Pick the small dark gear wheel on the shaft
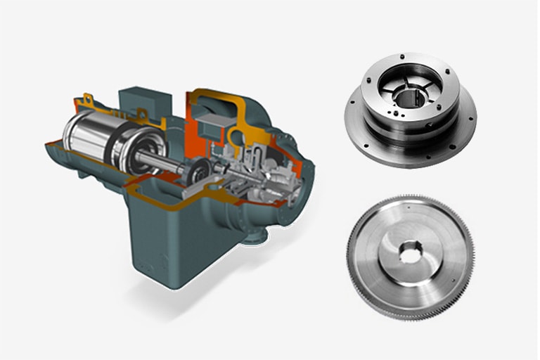(x=191, y=171)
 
